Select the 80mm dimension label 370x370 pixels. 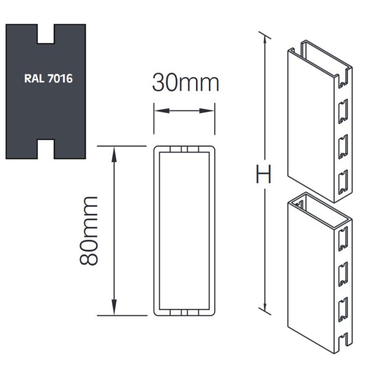pyautogui.click(x=90, y=230)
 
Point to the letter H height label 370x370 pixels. pyautogui.click(x=263, y=176)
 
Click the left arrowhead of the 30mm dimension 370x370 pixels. pyautogui.click(x=158, y=112)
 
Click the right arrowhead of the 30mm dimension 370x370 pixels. pyautogui.click(x=210, y=112)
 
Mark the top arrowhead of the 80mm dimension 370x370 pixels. pyautogui.click(x=113, y=152)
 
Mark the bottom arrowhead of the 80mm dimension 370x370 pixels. pyautogui.click(x=113, y=310)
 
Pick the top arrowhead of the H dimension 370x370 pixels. pyautogui.click(x=266, y=39)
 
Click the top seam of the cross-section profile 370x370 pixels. pyautogui.click(x=184, y=150)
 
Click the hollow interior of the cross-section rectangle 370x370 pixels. pyautogui.click(x=184, y=231)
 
